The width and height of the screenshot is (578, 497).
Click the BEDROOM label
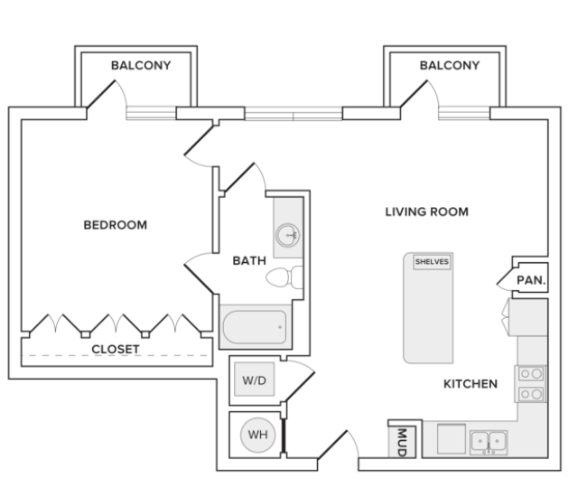pos(115,225)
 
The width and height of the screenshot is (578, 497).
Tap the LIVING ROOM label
pos(426,212)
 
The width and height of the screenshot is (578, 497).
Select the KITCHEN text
pos(470,384)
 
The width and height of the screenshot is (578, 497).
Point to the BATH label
pos(249,261)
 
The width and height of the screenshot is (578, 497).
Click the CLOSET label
pos(115,349)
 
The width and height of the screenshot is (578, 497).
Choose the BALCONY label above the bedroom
pos(140,66)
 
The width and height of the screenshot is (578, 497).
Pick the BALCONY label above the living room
pos(449,66)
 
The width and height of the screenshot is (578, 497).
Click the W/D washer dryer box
pos(253,380)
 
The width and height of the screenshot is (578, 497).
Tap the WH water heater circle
pos(257,435)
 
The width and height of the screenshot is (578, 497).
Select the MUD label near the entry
pos(401,442)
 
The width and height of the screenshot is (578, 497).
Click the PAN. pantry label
pos(530,281)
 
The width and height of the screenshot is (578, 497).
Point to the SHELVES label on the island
pos(431,262)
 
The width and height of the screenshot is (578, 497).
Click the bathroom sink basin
pos(289,236)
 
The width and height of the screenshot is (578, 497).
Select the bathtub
pos(255,326)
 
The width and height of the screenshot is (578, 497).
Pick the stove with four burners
pos(530,383)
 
